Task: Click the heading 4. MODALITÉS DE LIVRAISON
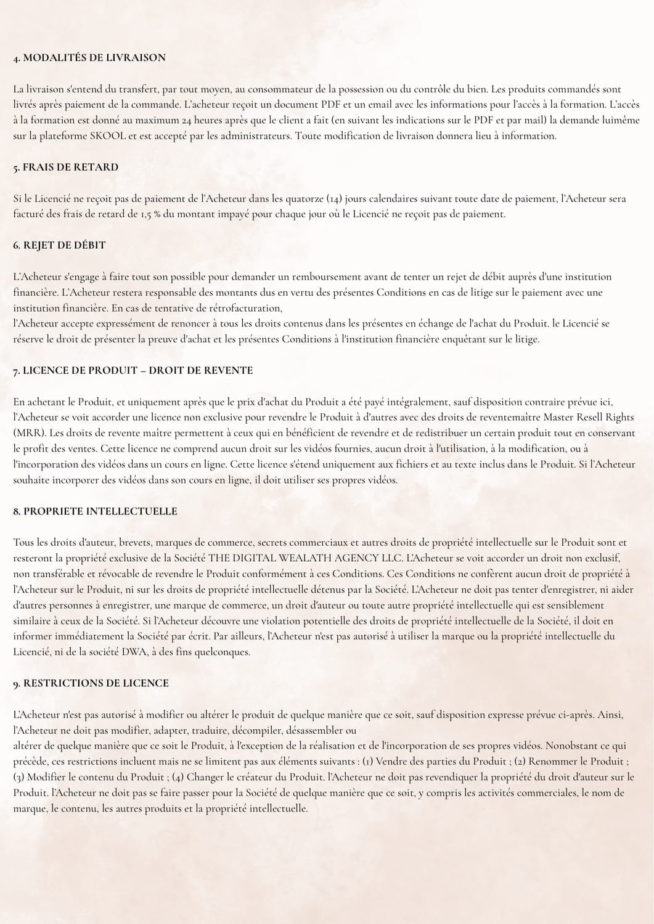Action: (89, 58)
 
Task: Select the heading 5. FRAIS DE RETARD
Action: (65, 167)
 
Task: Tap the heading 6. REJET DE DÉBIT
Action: (59, 245)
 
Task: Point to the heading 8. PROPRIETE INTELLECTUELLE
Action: (95, 511)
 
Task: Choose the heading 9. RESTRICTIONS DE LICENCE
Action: (91, 683)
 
